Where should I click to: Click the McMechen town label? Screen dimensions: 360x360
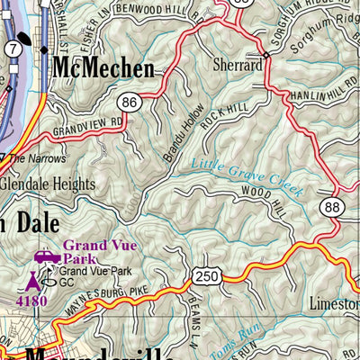(x=103, y=68)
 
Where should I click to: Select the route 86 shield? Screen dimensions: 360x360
(x=130, y=103)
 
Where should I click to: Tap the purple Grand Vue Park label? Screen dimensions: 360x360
(x=97, y=252)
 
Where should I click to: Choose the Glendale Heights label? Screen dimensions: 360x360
(x=48, y=184)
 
